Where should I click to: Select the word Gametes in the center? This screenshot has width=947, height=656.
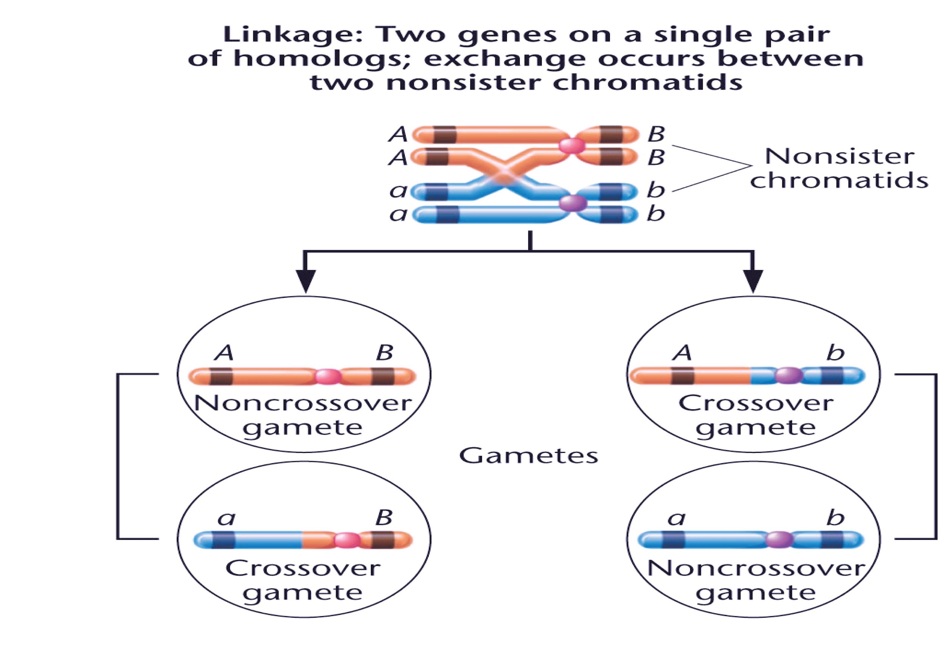point(528,456)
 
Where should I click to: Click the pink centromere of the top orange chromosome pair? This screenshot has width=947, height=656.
point(572,146)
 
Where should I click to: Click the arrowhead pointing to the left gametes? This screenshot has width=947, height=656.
point(305,280)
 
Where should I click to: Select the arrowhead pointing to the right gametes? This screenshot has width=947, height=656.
point(753,280)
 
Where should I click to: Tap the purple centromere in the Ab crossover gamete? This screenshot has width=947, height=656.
point(788,375)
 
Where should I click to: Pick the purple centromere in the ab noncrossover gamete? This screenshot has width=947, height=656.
point(779,539)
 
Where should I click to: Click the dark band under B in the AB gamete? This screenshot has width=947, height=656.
point(383,376)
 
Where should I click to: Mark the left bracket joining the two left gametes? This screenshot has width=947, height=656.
point(118,456)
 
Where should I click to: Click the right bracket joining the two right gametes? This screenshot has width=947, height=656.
point(936,456)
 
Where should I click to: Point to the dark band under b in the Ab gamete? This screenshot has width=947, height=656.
point(832,375)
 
